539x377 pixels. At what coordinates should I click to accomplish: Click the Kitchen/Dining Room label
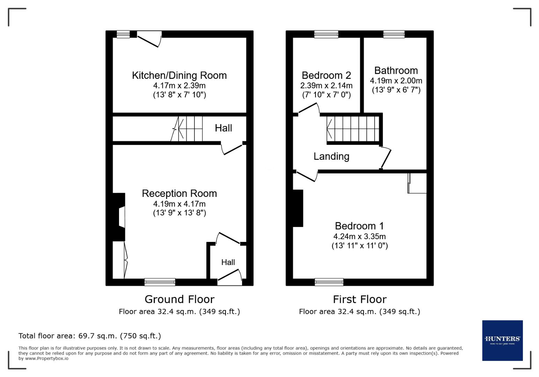(x=179, y=75)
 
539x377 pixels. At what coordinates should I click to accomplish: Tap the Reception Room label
(x=179, y=193)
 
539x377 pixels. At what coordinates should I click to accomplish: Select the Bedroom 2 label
(x=326, y=75)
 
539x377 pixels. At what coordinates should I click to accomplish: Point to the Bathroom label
(x=396, y=71)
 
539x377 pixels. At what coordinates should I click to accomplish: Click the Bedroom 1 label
(x=359, y=226)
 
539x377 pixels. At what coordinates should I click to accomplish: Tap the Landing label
(x=331, y=156)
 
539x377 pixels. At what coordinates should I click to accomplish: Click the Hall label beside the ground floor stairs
(x=223, y=128)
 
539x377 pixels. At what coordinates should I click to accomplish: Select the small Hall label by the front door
(x=228, y=262)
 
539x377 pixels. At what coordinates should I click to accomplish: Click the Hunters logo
(x=502, y=340)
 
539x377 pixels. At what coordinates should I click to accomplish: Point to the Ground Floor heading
(x=179, y=299)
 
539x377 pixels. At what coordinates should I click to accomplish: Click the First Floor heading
(x=359, y=299)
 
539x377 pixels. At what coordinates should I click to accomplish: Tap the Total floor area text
(x=90, y=336)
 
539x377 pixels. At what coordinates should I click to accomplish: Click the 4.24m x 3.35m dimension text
(x=359, y=236)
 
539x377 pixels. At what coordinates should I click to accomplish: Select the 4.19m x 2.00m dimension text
(x=396, y=81)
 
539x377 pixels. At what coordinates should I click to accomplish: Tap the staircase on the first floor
(x=353, y=129)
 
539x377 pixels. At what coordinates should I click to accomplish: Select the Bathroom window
(x=394, y=34)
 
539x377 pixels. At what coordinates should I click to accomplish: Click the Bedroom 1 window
(x=329, y=282)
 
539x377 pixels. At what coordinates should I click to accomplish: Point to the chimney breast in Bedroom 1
(x=298, y=208)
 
